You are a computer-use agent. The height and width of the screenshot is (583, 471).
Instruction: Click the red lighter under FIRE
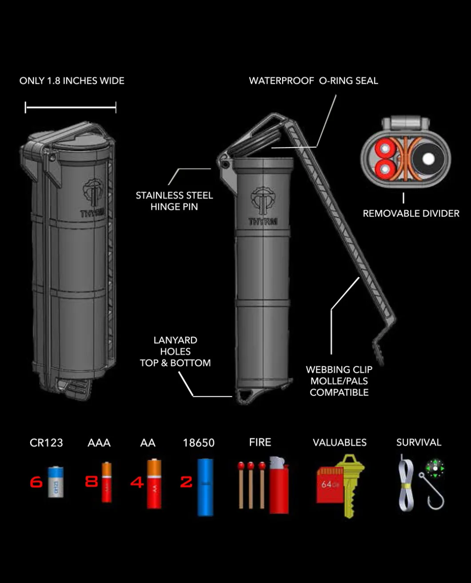click(279, 485)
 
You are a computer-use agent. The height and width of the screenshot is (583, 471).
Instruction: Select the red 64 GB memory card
click(330, 485)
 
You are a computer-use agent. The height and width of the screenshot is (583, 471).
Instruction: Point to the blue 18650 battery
click(205, 487)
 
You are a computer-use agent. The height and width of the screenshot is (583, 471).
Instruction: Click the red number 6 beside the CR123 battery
click(36, 482)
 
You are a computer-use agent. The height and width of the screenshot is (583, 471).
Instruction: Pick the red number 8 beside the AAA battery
click(92, 481)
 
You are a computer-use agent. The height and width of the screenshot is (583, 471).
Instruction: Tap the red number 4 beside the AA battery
click(137, 482)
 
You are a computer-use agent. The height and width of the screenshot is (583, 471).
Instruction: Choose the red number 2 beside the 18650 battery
click(186, 482)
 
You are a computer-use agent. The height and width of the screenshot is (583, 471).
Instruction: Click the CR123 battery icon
click(56, 482)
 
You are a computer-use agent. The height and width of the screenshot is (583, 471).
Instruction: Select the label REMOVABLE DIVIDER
click(411, 213)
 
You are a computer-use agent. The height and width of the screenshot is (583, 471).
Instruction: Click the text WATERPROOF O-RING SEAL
click(313, 81)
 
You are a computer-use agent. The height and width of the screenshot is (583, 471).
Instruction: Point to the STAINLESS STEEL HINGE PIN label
click(174, 201)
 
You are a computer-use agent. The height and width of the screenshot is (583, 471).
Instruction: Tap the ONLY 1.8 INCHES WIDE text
click(72, 81)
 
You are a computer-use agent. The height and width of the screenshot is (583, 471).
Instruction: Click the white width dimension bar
click(71, 107)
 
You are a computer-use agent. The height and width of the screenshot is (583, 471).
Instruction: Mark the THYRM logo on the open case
click(263, 206)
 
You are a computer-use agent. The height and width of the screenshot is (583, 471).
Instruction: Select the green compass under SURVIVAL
click(435, 469)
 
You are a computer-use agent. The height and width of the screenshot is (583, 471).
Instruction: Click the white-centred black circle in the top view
click(428, 159)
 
